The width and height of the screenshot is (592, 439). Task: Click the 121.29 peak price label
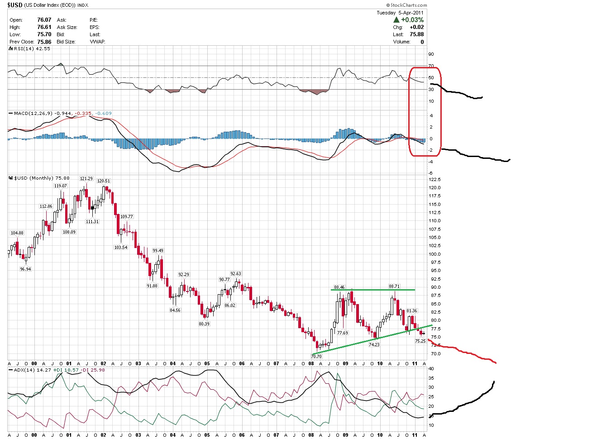pyautogui.click(x=86, y=179)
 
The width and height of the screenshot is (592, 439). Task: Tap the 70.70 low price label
pyautogui.click(x=316, y=356)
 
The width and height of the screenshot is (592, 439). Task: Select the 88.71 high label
pyautogui.click(x=394, y=286)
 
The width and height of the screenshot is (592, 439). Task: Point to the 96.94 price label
pyautogui.click(x=25, y=269)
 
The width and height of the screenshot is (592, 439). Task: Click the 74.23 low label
pyautogui.click(x=374, y=344)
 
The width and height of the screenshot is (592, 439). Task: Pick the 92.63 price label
pyautogui.click(x=236, y=273)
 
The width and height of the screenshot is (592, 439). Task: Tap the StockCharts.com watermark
pyautogui.click(x=407, y=5)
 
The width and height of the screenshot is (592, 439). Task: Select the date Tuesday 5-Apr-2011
pyautogui.click(x=400, y=13)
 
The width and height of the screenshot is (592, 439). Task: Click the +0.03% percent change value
pyautogui.click(x=412, y=20)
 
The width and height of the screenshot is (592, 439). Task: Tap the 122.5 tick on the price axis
pyautogui.click(x=434, y=180)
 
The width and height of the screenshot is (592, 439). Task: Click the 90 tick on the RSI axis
pyautogui.click(x=431, y=54)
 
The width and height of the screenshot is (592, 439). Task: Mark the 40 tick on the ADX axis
pyautogui.click(x=431, y=369)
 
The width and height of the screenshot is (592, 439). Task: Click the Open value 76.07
pyautogui.click(x=44, y=20)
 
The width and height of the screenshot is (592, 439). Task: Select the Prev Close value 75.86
pyautogui.click(x=44, y=42)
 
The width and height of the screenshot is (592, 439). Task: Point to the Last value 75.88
pyautogui.click(x=416, y=34)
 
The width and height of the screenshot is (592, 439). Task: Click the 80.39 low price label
pyautogui.click(x=204, y=324)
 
